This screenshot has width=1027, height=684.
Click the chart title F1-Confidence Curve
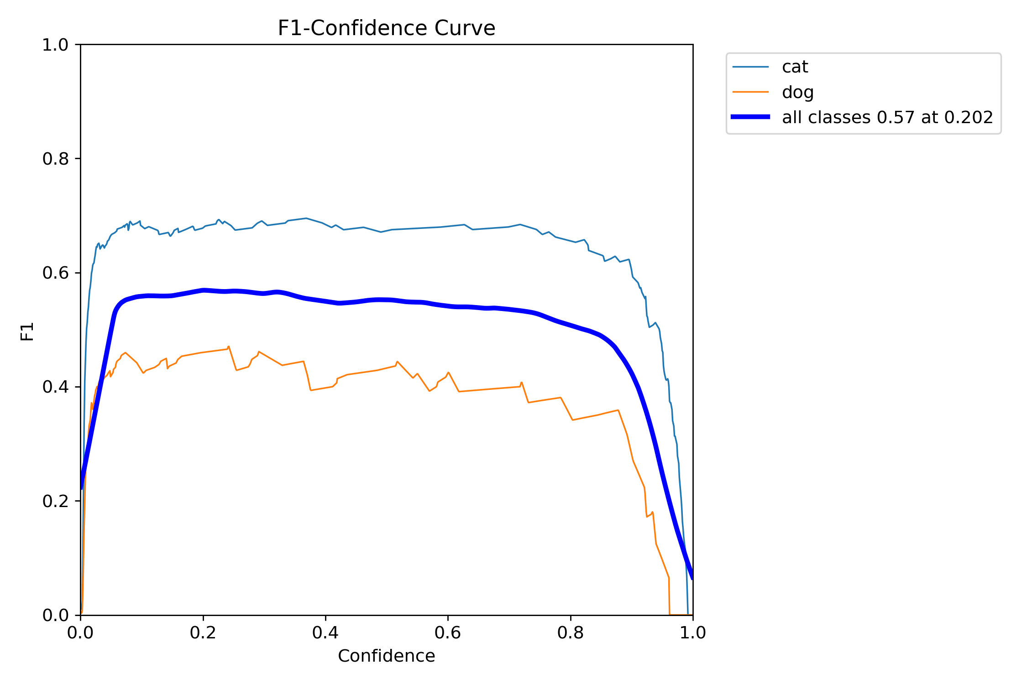pos(386,28)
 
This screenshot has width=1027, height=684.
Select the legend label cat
pos(795,67)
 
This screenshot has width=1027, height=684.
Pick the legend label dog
pos(797,92)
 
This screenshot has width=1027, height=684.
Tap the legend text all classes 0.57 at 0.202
pos(887,118)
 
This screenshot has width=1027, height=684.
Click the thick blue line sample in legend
pos(750,117)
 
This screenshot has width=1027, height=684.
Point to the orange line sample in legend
pos(750,92)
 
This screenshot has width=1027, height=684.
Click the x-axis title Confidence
pos(386,656)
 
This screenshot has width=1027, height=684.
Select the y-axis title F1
pos(27,332)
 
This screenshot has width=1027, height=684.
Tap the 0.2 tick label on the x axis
pos(203,633)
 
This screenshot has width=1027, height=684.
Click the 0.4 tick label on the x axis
pos(325,633)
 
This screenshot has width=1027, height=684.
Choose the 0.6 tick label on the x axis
pos(448,633)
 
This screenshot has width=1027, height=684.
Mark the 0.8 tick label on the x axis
pos(571,633)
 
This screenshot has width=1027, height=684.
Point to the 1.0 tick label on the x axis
pos(693,633)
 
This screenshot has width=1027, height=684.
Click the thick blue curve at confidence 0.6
pos(448,306)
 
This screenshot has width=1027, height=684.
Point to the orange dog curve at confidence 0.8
pos(571,416)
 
